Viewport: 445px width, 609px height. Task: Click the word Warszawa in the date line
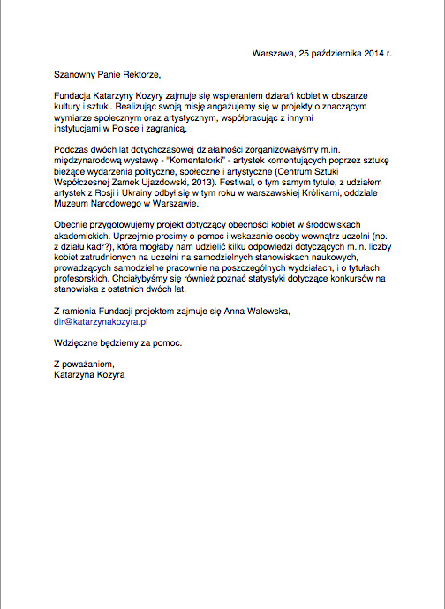272,54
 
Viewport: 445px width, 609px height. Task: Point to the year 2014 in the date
371,54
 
